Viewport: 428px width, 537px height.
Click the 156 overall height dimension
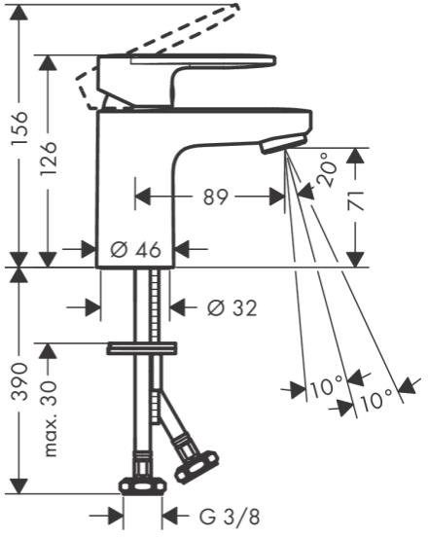pyautogui.click(x=18, y=128)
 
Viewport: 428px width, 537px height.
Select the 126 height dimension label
pyautogui.click(x=48, y=159)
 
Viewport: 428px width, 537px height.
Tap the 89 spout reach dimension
pyautogui.click(x=215, y=197)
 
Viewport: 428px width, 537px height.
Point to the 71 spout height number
pyautogui.click(x=355, y=201)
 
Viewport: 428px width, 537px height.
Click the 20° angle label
pyautogui.click(x=325, y=170)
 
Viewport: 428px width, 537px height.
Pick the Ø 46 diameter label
pyautogui.click(x=135, y=249)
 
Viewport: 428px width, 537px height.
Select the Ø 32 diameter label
pyautogui.click(x=232, y=307)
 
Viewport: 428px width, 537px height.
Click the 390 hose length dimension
pyautogui.click(x=18, y=382)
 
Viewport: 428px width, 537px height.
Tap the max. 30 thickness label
pyautogui.click(x=50, y=418)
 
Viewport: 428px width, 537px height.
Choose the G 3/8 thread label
pyautogui.click(x=230, y=517)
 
